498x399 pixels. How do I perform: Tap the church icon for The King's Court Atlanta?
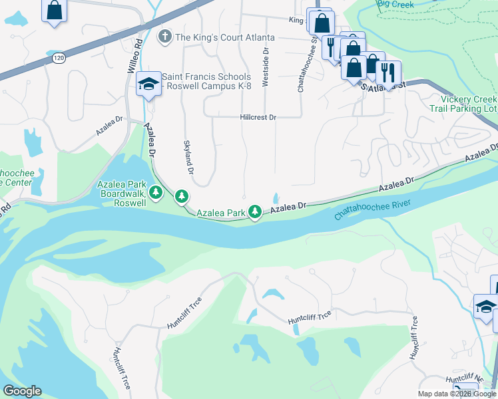point(166,37)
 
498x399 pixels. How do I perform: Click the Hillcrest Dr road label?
point(258,117)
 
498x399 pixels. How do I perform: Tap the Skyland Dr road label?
point(188,157)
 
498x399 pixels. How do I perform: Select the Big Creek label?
point(395,5)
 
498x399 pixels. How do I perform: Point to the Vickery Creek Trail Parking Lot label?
point(463,103)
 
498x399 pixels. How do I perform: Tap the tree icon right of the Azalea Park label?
point(254,211)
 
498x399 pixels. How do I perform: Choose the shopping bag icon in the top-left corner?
point(55,10)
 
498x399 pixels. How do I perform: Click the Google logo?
point(22,391)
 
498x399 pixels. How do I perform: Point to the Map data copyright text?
point(457,394)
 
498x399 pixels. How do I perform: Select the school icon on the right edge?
point(485,307)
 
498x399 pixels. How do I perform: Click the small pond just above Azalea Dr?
point(276,198)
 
